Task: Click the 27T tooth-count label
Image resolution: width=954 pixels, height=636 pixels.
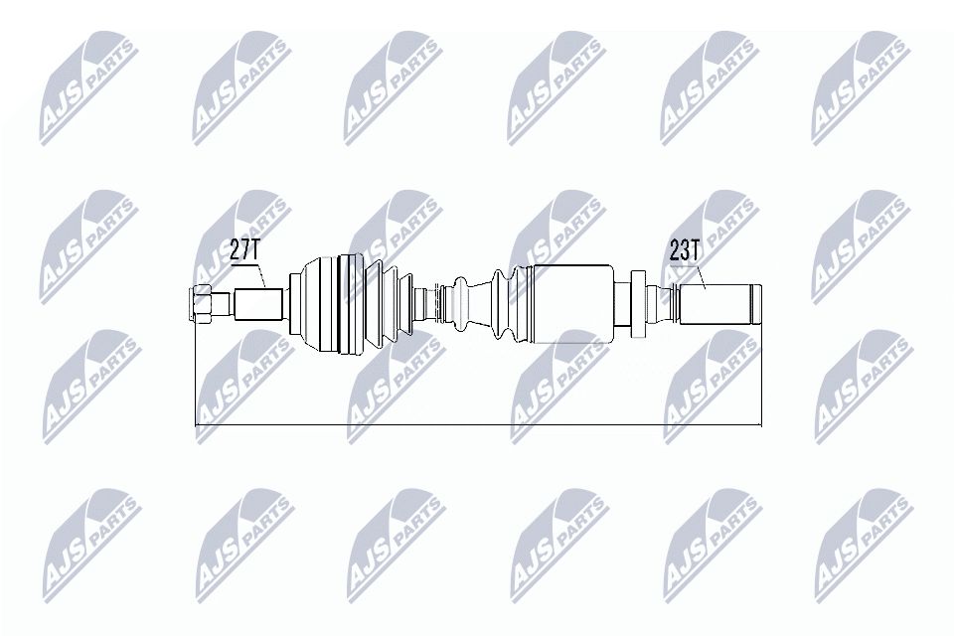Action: pyautogui.click(x=243, y=250)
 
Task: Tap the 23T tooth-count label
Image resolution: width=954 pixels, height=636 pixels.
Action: pyautogui.click(x=686, y=250)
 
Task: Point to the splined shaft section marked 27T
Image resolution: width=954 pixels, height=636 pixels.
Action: pyautogui.click(x=259, y=303)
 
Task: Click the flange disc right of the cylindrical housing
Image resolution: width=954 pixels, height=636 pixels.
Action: pyautogui.click(x=623, y=303)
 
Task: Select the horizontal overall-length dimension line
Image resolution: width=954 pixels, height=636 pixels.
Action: pyautogui.click(x=477, y=425)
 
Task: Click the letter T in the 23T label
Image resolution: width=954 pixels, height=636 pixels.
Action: pyautogui.click(x=698, y=250)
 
